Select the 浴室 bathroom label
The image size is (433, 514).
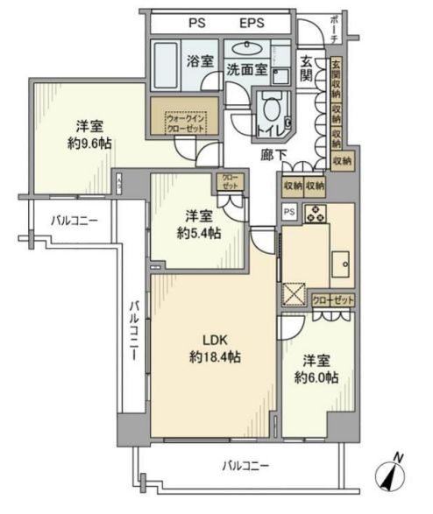(x=201, y=61)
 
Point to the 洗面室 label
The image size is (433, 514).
(x=246, y=70)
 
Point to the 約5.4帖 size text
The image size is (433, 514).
(x=198, y=234)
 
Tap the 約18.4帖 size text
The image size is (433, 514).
(x=216, y=357)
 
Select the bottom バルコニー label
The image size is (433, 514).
(x=245, y=464)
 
